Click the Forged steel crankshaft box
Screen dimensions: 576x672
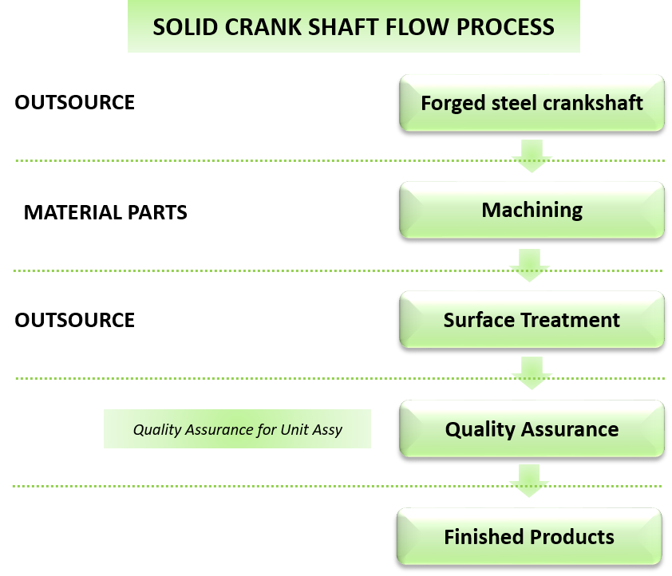[x=532, y=103]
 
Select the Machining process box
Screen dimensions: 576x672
[x=532, y=210]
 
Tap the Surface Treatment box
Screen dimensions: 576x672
[x=532, y=320]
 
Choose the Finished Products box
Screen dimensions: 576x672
[x=529, y=536]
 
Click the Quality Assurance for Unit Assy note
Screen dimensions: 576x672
[x=237, y=429]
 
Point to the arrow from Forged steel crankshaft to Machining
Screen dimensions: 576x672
[x=532, y=156]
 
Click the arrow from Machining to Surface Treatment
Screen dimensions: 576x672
[x=529, y=265]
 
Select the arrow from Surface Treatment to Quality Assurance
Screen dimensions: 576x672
[x=532, y=373]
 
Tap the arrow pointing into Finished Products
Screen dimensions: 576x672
[x=529, y=482]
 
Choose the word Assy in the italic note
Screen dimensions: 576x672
[x=327, y=430]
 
